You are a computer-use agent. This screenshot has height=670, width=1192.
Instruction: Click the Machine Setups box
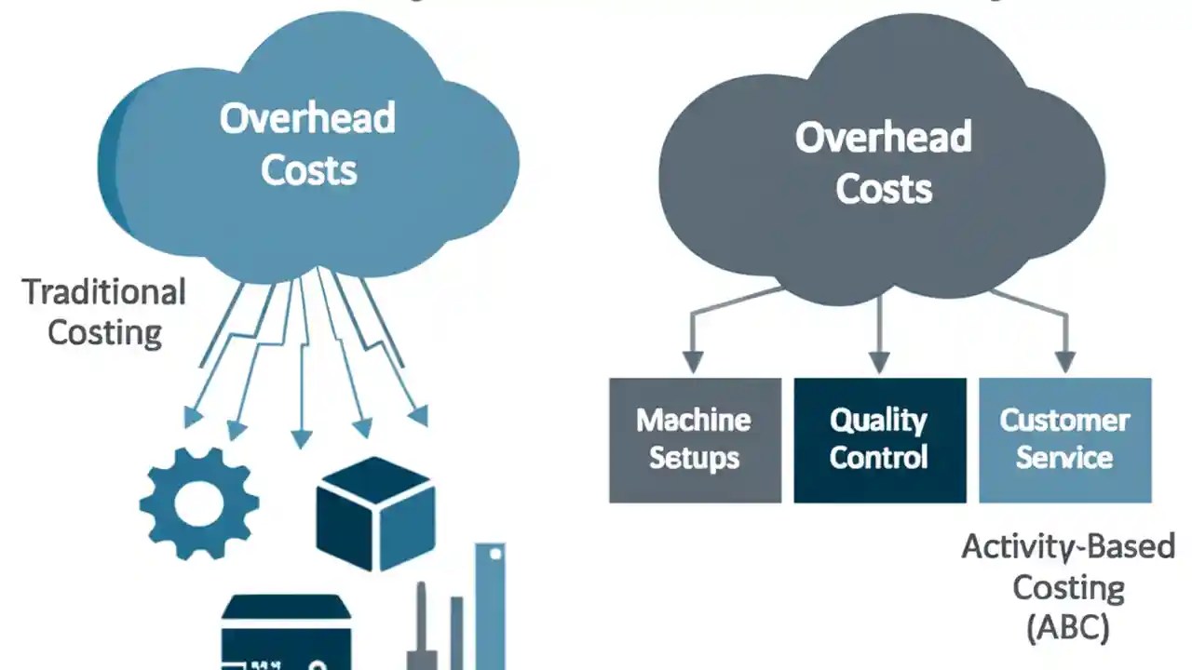coord(695,439)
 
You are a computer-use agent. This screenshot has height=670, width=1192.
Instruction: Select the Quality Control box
coord(879,439)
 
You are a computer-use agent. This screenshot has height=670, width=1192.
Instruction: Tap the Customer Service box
coord(1064,439)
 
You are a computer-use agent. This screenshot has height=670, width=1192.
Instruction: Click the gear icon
coord(199,502)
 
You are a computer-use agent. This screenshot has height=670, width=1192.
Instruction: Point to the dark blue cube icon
coord(375,513)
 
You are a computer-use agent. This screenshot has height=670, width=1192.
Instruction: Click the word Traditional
coord(103,292)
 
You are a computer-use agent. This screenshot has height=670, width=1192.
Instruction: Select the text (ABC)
coord(1068,627)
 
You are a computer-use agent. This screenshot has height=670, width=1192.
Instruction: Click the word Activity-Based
coord(1068,546)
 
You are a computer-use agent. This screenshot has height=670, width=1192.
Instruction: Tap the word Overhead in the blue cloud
coord(307,119)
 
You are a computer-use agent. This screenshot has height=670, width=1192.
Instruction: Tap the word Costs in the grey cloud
coord(883,189)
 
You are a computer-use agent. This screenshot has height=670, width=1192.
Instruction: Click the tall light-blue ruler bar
coord(490,605)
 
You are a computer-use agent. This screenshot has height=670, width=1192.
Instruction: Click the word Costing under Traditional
coord(104,332)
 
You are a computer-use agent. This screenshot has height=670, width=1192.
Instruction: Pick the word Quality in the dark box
coord(879,421)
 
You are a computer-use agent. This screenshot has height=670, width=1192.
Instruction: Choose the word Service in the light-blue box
coord(1064,458)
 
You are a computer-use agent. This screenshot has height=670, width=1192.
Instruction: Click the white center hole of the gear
coord(199,503)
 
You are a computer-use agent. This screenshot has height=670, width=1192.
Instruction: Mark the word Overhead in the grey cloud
coord(883,138)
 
